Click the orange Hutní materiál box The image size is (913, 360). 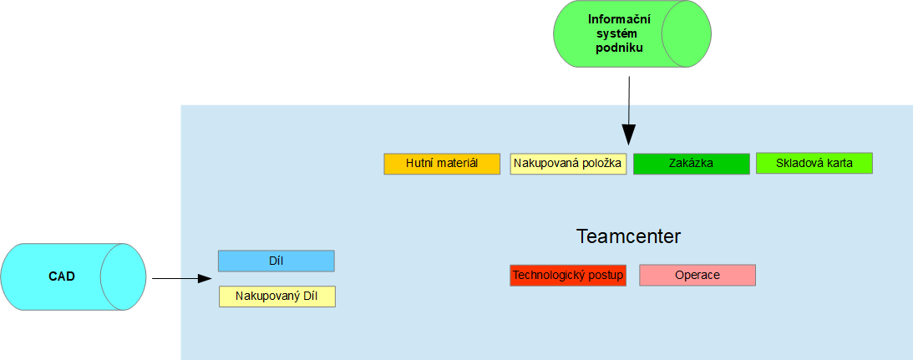tap(442, 164)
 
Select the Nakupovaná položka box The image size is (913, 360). tap(568, 164)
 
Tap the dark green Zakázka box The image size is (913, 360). tap(691, 164)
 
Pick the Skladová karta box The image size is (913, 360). tap(814, 163)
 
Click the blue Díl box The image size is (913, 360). tap(276, 261)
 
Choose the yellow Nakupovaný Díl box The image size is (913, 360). tap(277, 297)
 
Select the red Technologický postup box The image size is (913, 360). tap(568, 276)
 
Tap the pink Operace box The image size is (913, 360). tap(697, 276)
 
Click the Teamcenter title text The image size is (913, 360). tap(628, 236)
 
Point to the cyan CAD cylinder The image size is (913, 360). tap(73, 276)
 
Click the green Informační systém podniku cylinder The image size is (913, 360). tap(632, 33)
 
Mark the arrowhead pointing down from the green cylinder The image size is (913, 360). tap(629, 134)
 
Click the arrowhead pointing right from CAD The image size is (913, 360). tap(205, 279)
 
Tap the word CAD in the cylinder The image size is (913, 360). tap(62, 276)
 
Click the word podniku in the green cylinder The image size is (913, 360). tap(620, 48)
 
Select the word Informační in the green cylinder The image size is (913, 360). tap(620, 19)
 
